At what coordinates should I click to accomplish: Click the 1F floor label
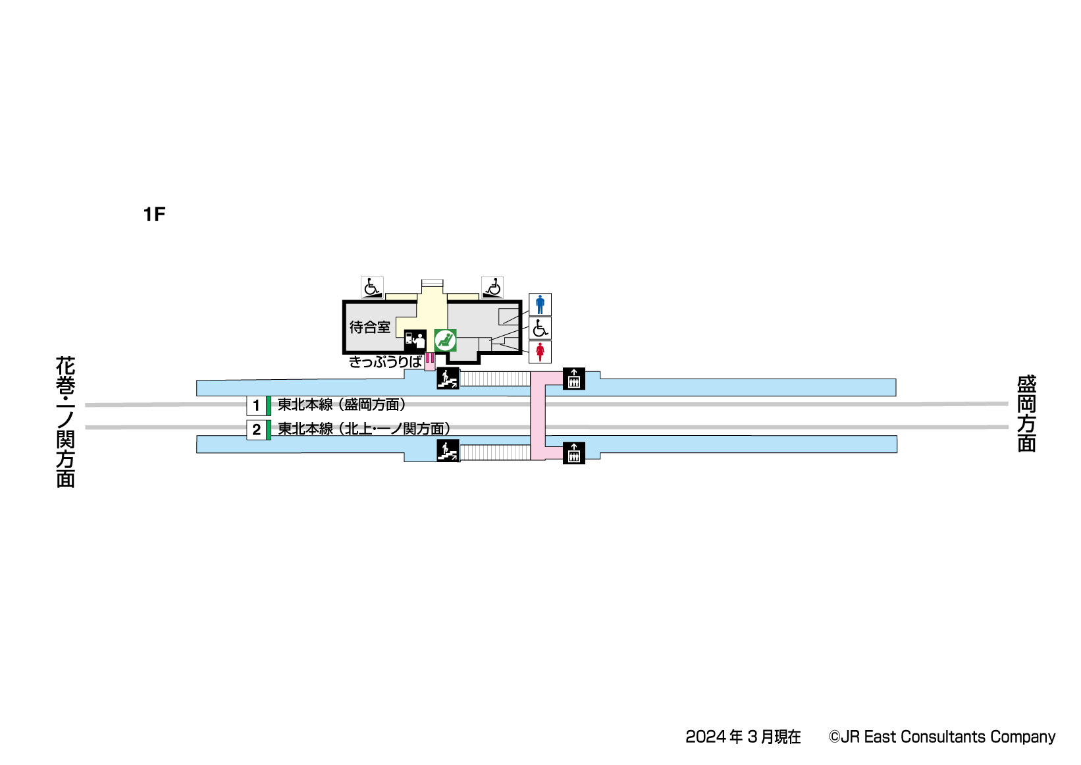tap(154, 214)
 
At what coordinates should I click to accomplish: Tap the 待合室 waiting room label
tap(369, 327)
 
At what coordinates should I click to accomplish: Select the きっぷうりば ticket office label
tap(385, 361)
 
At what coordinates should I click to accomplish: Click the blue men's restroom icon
tap(540, 305)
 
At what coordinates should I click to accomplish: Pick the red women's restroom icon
tap(540, 352)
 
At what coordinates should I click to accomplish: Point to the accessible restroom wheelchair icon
tap(540, 328)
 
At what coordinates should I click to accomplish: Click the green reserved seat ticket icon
tap(446, 340)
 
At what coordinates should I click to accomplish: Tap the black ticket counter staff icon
tap(415, 340)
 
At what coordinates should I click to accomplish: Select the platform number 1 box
tap(257, 406)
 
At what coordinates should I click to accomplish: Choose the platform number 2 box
tap(257, 430)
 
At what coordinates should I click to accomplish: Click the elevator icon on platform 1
tap(574, 379)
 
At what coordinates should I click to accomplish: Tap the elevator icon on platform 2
tap(574, 452)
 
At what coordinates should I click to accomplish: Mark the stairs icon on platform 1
tap(448, 378)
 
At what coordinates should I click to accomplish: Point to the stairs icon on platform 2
tap(448, 451)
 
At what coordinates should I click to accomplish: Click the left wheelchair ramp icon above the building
tap(372, 287)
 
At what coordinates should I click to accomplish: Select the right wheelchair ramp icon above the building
tap(492, 287)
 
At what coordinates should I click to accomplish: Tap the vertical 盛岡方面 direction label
tap(1026, 413)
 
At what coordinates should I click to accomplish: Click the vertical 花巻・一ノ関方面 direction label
tap(65, 421)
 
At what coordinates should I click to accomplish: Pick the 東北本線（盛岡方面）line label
tap(342, 404)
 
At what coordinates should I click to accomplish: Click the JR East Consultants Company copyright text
tap(942, 737)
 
